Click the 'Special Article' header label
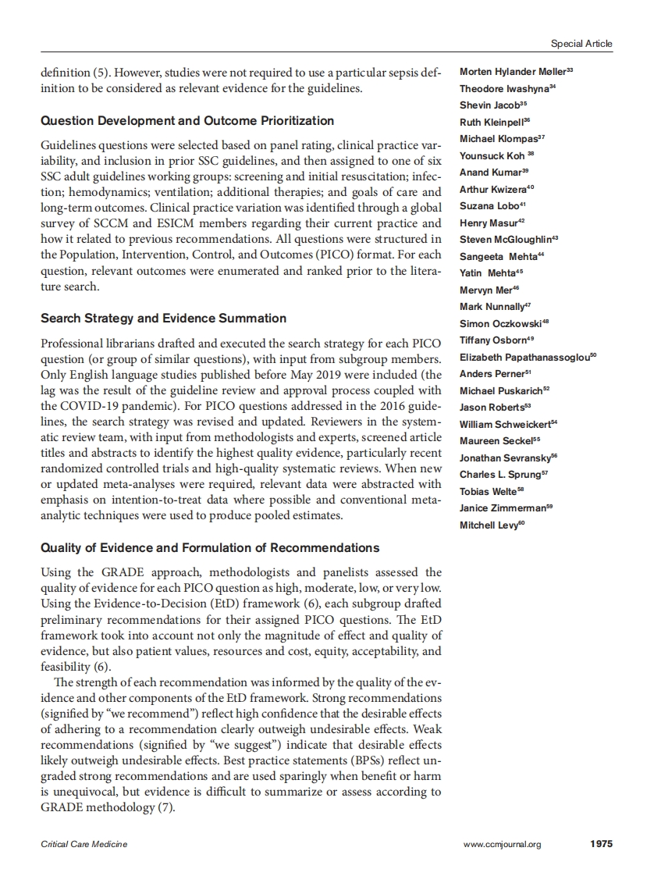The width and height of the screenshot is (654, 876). (581, 44)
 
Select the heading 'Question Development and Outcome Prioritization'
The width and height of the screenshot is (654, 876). (187, 121)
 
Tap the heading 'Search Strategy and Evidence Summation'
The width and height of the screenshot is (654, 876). (163, 319)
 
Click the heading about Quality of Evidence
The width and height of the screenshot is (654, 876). (210, 547)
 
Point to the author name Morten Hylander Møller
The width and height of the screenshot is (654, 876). (513, 72)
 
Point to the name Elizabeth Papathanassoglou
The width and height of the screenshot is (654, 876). (524, 358)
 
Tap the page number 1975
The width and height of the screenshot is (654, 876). (601, 844)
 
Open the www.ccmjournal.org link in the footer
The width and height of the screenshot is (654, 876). (502, 844)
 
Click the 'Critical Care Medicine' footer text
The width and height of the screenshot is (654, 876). (84, 844)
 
